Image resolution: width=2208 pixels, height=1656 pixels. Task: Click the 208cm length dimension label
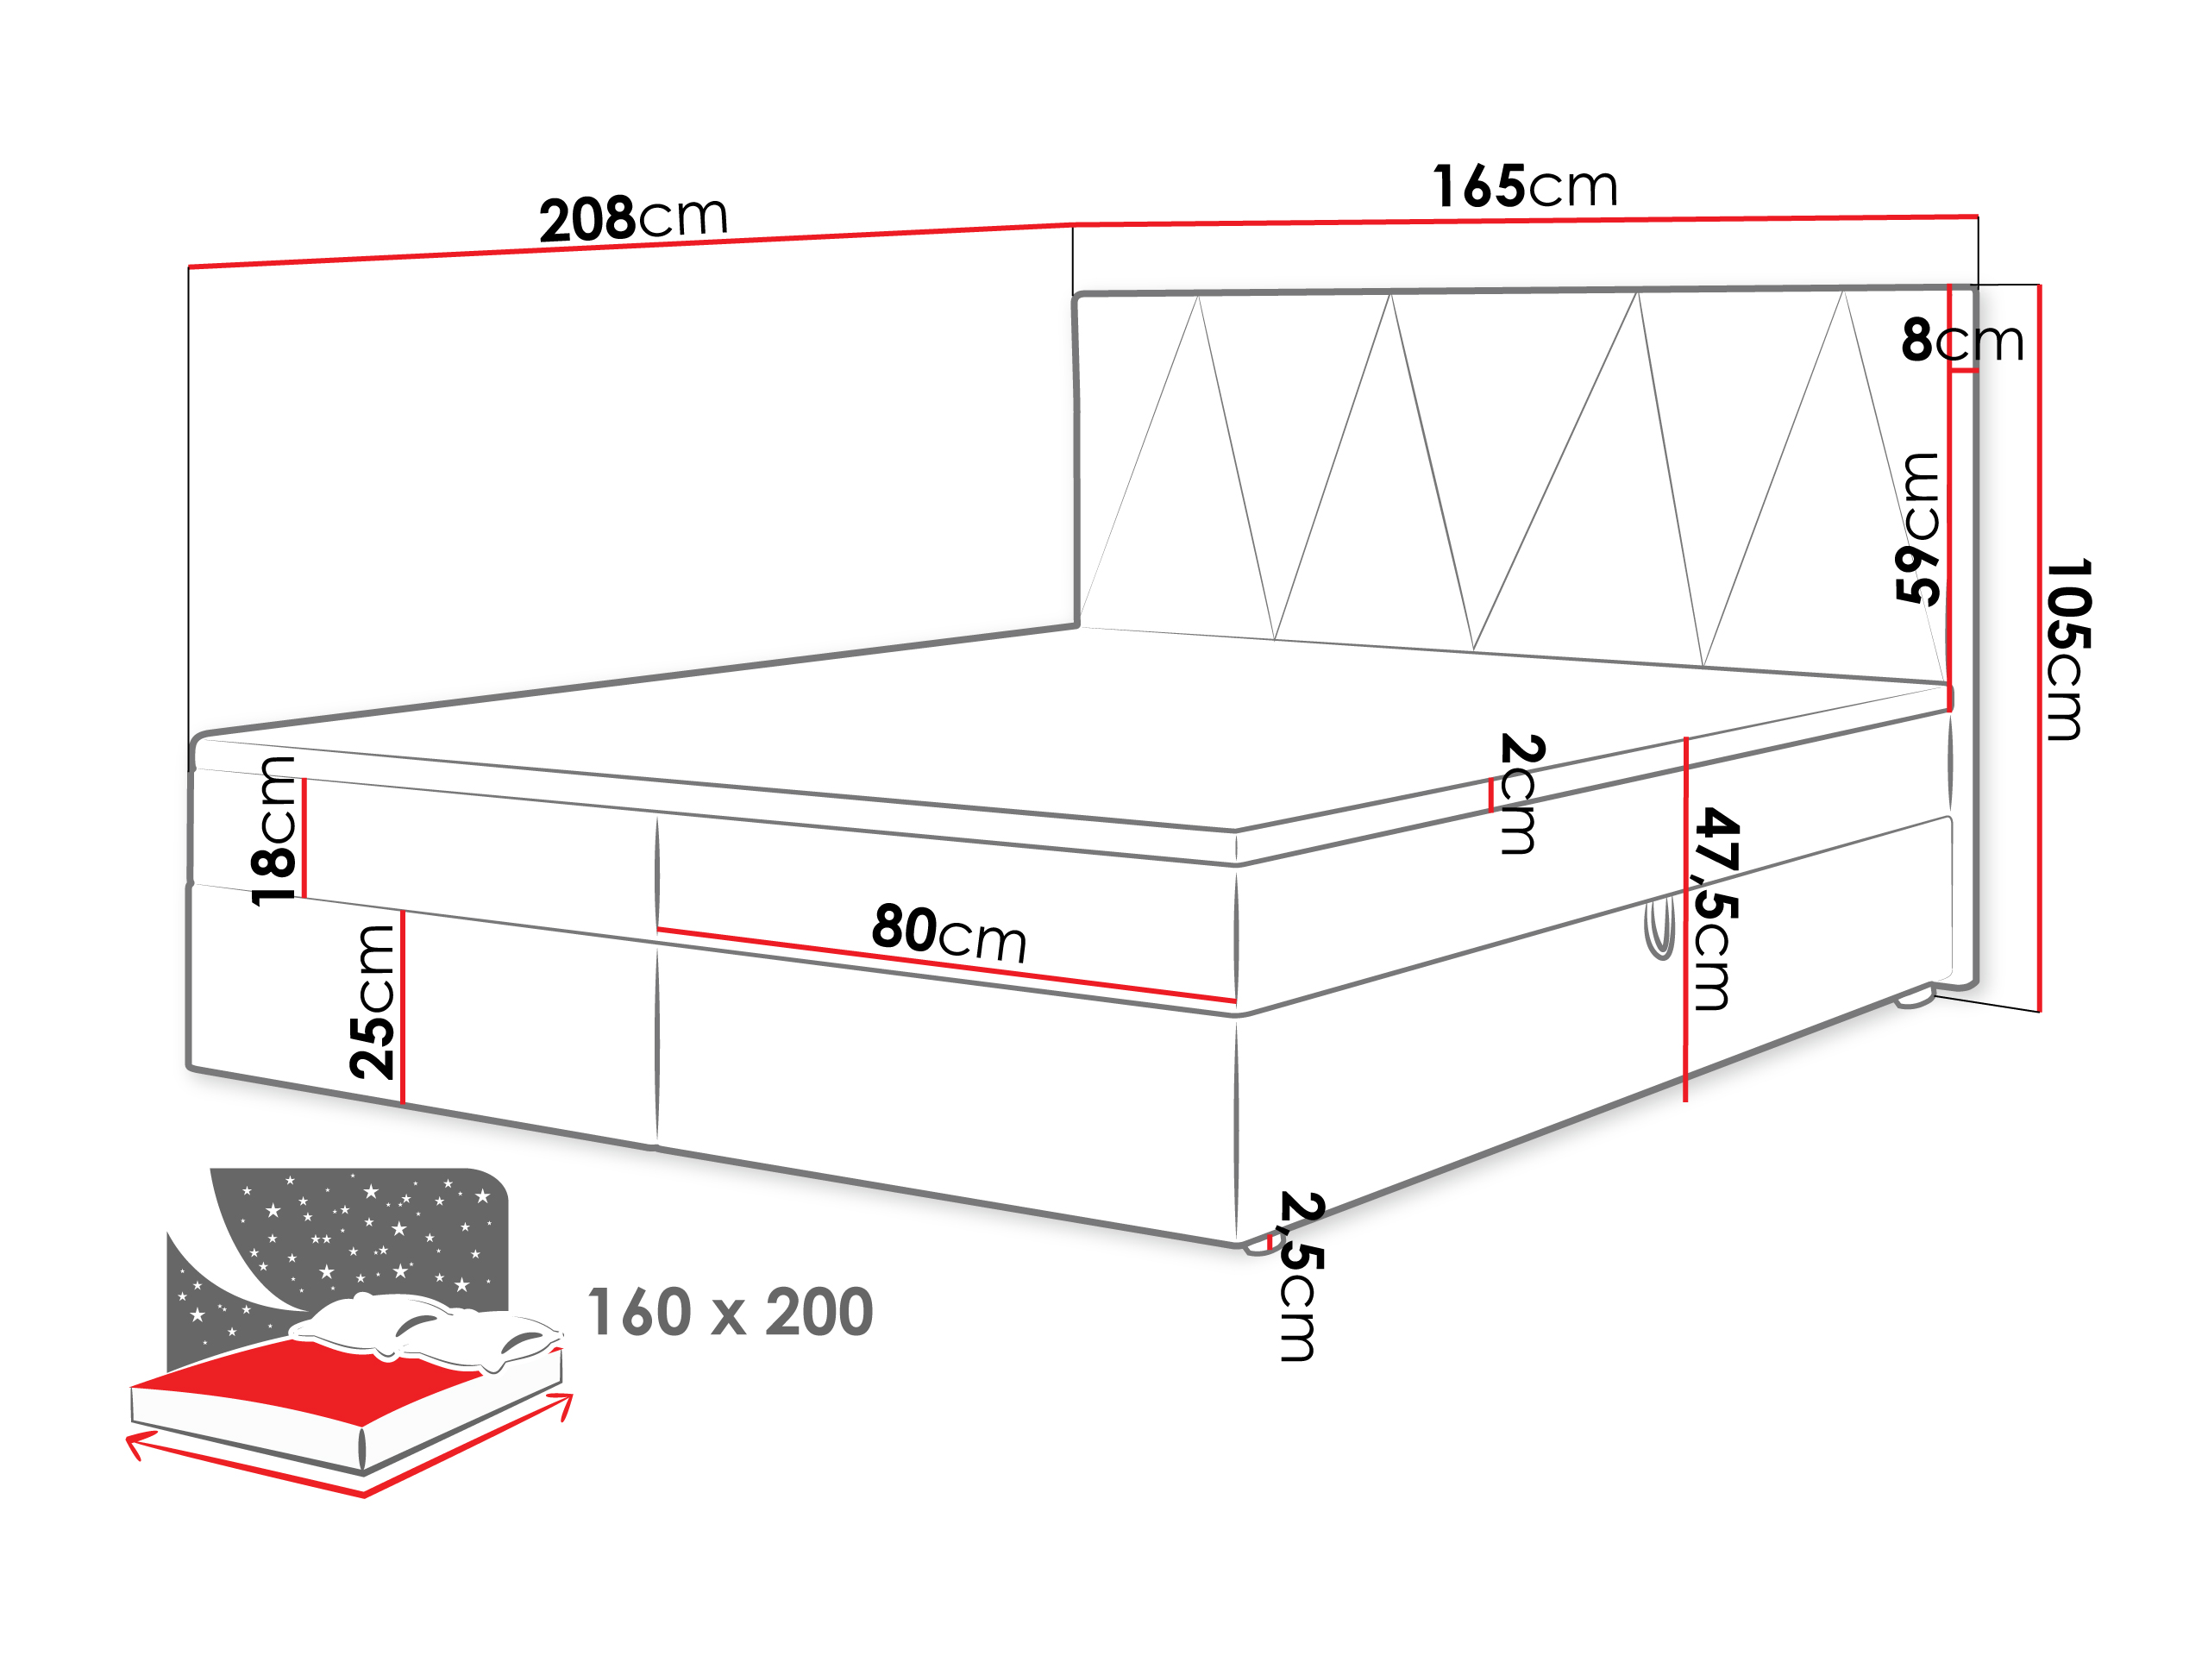coord(634,217)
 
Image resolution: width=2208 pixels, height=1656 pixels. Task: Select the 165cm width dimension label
coord(1524,185)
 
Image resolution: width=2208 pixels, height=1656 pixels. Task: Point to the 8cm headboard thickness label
coord(1962,341)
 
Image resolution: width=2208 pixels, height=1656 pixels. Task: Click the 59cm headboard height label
coord(1917,528)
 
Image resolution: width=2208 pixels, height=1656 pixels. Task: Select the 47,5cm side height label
coord(1718,908)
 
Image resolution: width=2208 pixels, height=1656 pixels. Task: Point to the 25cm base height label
coord(373,1002)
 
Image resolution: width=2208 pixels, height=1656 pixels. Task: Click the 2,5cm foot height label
coord(1301,1276)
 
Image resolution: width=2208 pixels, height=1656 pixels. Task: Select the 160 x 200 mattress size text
coord(731,1312)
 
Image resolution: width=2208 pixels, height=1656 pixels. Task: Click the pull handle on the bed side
coord(1659,926)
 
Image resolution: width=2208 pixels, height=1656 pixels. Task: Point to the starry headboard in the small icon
coord(339,1248)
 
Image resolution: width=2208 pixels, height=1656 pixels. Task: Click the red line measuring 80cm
coord(946,965)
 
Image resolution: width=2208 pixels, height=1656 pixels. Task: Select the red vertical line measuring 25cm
coord(402,1007)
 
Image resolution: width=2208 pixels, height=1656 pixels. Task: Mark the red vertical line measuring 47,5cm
coord(1685,919)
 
